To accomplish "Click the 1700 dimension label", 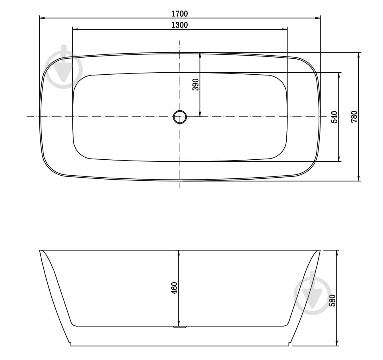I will click(179, 14).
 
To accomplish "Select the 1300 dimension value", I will click(179, 25).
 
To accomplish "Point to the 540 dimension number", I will click(334, 117).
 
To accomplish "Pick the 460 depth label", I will click(174, 288).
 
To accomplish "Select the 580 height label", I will click(332, 300).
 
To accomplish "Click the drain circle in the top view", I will click(180, 117).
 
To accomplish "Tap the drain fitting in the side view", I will click(180, 327).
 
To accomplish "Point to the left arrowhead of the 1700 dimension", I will click(42, 18).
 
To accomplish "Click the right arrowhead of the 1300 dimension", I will click(285, 29).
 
